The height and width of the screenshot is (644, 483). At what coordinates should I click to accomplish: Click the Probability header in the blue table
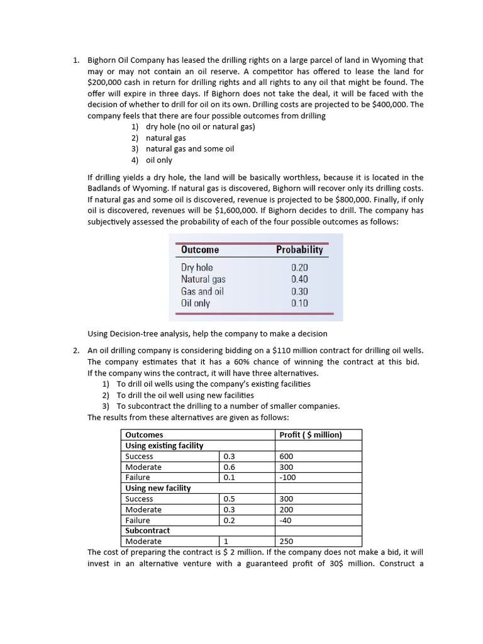click(299, 250)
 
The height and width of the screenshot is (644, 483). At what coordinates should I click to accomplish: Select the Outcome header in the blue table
click(200, 250)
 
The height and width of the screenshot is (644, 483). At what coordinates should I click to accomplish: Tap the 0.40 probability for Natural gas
click(299, 279)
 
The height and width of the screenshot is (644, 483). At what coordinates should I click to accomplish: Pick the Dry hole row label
click(197, 267)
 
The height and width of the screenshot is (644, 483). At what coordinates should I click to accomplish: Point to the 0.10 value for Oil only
click(299, 303)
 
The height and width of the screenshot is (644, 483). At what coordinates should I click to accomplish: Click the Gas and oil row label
click(202, 291)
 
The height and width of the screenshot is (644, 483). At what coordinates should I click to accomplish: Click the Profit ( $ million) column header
click(310, 435)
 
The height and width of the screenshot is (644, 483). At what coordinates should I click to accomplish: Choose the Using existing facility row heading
click(164, 445)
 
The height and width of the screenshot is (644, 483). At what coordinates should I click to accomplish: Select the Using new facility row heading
click(158, 488)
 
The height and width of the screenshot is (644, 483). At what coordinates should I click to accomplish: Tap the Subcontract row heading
click(147, 530)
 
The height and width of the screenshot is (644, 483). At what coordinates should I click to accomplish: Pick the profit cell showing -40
click(286, 520)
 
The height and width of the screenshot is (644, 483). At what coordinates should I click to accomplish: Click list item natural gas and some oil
click(189, 149)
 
